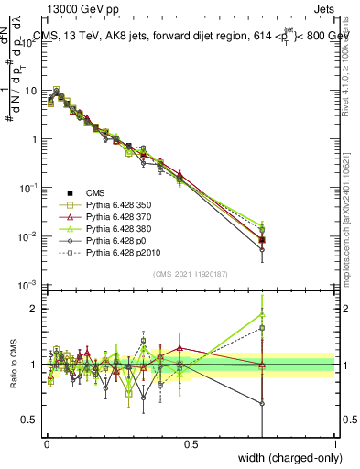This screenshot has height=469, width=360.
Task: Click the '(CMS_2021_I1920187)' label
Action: tap(191, 273)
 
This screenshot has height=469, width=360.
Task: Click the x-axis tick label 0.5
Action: tap(191, 444)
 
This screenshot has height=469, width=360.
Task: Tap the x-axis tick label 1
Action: tap(334, 444)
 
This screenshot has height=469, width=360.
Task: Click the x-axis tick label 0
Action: tap(47, 444)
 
